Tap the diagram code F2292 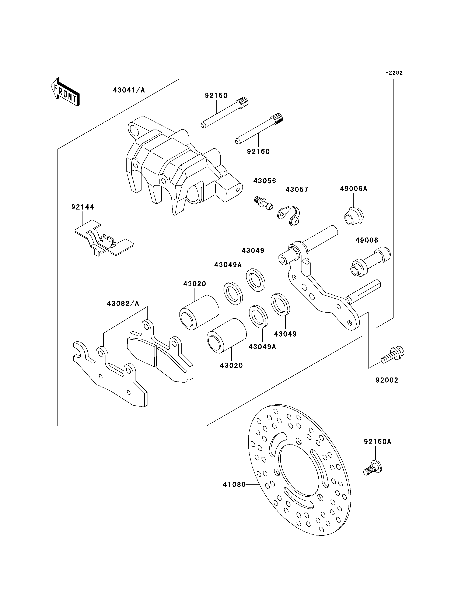pos(394,73)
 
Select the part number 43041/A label pos(129,90)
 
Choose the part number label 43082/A pos(123,304)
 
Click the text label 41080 pos(234,484)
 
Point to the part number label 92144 pos(83,207)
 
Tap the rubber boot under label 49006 pos(370,261)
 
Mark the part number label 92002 pos(387,380)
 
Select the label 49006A pos(354,189)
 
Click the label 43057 pos(297,190)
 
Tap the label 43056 pos(265,181)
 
